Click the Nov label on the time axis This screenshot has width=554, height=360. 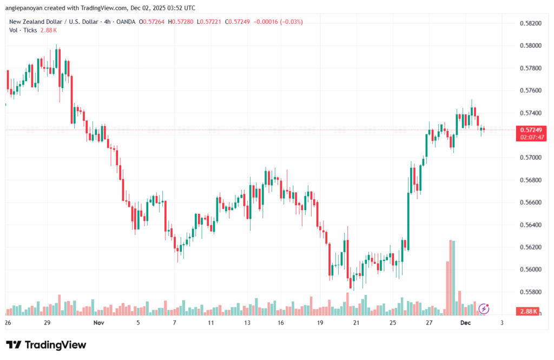pyautogui.click(x=98, y=323)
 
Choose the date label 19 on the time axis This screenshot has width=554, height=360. pyautogui.click(x=320, y=323)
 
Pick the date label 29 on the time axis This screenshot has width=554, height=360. pyautogui.click(x=47, y=323)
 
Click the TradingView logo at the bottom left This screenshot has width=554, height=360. pyautogui.click(x=46, y=345)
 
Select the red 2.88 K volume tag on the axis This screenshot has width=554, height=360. pyautogui.click(x=527, y=312)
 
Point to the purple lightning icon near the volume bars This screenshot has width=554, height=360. pyautogui.click(x=484, y=309)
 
